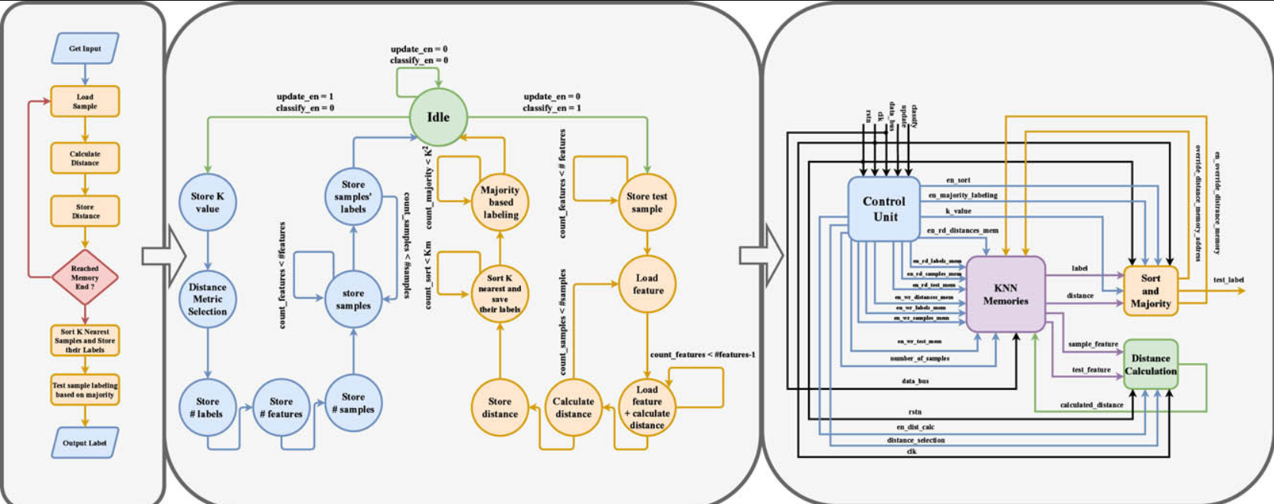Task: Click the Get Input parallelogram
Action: click(x=85, y=48)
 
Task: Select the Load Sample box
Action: click(x=85, y=101)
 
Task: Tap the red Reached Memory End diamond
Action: click(x=84, y=277)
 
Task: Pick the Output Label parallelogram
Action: click(x=85, y=443)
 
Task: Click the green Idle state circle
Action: click(x=437, y=117)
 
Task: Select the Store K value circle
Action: click(x=208, y=202)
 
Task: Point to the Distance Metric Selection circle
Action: click(x=208, y=299)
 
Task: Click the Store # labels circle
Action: click(x=207, y=407)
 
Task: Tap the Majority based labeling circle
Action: click(x=500, y=202)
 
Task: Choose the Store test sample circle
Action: click(x=647, y=202)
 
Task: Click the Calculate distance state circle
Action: click(x=573, y=407)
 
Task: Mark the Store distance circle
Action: click(x=499, y=407)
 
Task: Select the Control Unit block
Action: click(x=884, y=209)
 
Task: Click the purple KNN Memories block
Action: click(x=1006, y=294)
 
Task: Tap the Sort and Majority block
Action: click(x=1150, y=291)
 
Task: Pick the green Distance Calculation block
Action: click(x=1151, y=365)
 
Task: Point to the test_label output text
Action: click(x=1228, y=280)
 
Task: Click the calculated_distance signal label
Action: click(x=1092, y=404)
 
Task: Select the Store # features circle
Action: click(x=281, y=407)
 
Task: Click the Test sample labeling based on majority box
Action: click(x=85, y=390)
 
